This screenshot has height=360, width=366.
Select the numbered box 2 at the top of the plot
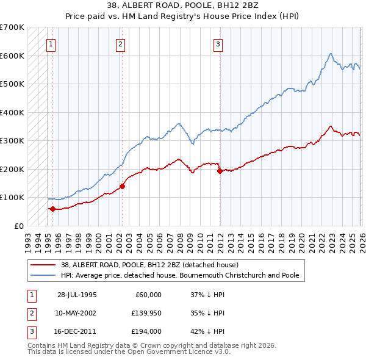(121, 43)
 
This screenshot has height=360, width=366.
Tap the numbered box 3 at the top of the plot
(218, 43)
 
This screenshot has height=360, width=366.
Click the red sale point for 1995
(52, 209)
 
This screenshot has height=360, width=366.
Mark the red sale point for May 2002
(122, 186)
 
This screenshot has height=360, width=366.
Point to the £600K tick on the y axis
(12, 56)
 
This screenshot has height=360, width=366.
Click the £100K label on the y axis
(12, 197)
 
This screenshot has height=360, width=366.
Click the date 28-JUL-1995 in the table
(76, 294)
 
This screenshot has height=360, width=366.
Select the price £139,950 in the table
(146, 313)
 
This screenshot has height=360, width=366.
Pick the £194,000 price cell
(146, 332)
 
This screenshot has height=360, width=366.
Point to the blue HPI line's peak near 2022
(330, 54)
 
